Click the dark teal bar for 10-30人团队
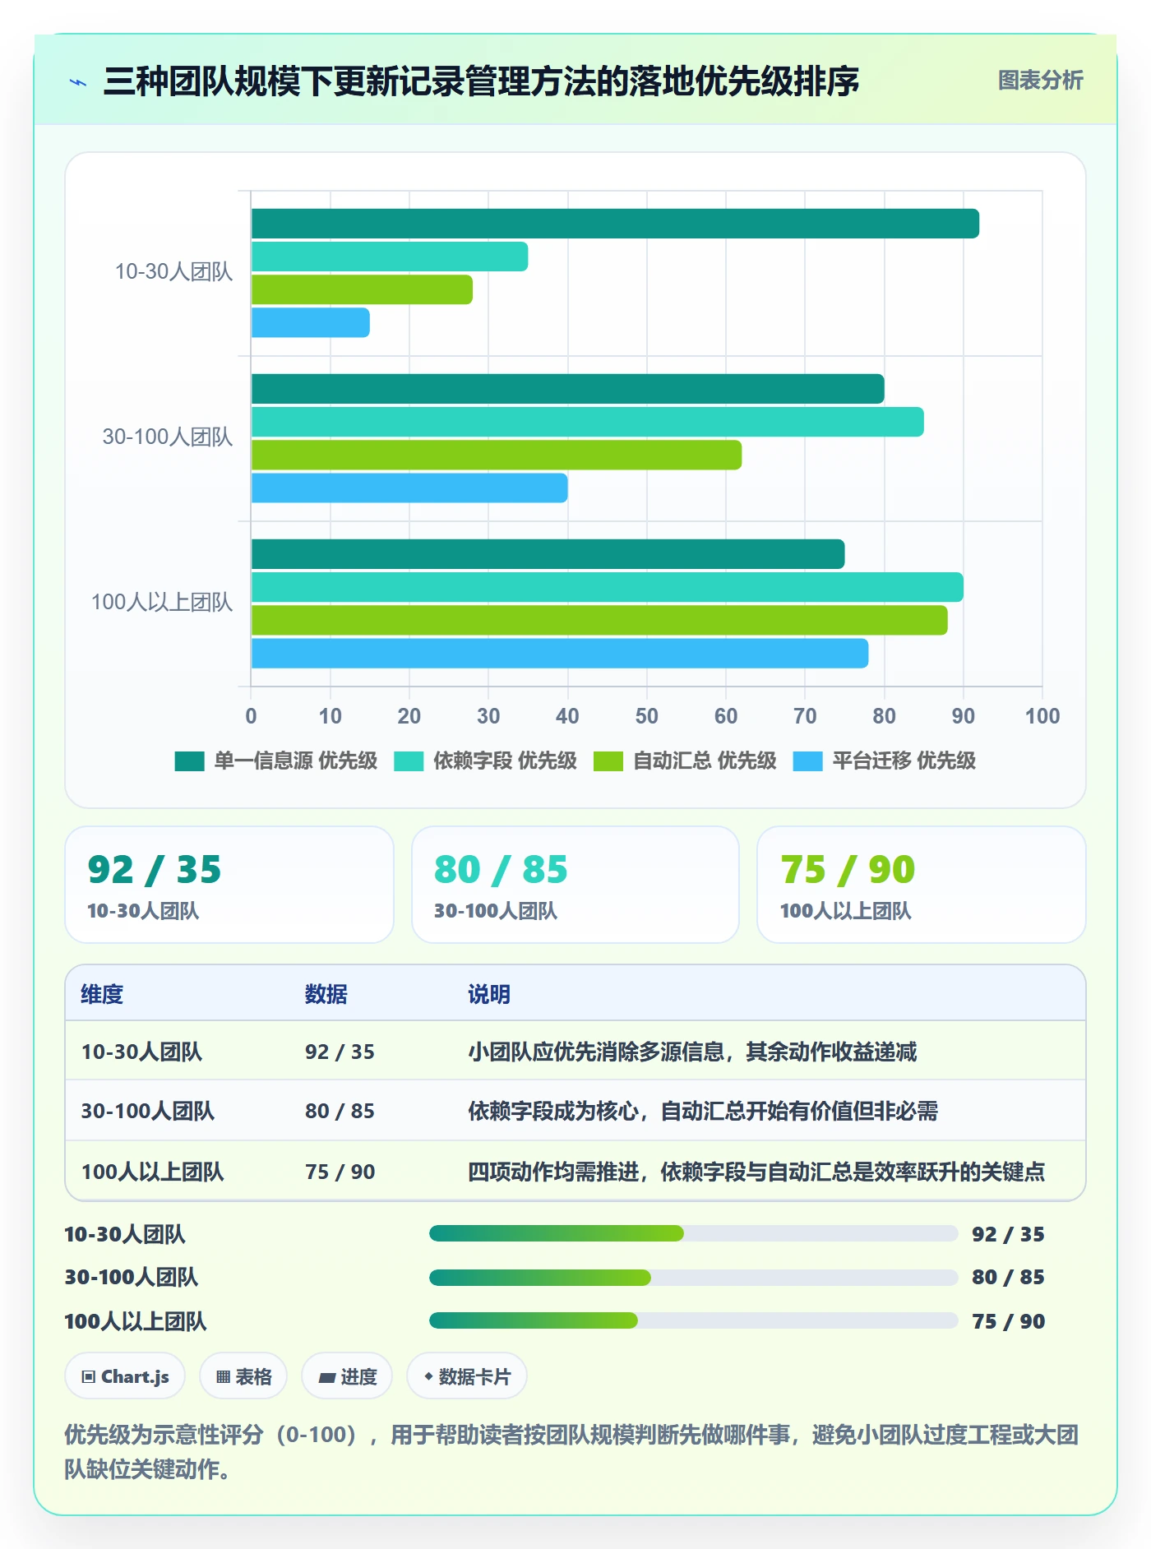coord(615,224)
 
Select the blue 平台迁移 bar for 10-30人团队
coord(311,322)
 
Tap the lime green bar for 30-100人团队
coord(497,455)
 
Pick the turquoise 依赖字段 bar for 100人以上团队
coord(608,587)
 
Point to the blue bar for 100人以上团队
coord(560,653)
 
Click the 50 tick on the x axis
coord(647,716)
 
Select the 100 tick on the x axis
coord(1042,716)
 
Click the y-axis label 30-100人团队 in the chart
coord(168,437)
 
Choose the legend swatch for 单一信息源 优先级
coord(189,761)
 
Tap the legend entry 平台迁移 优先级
coord(904,761)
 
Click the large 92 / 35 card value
coord(155,870)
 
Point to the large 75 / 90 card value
coord(848,870)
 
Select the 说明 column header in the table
coord(489,994)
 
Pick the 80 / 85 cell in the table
coord(340,1111)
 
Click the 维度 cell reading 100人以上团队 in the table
coord(153,1172)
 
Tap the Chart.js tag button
coord(126,1376)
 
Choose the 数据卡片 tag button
coord(467,1376)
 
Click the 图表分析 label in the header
coord(1041,80)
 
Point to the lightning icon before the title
coord(78,82)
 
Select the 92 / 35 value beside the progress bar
coord(1008,1234)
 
